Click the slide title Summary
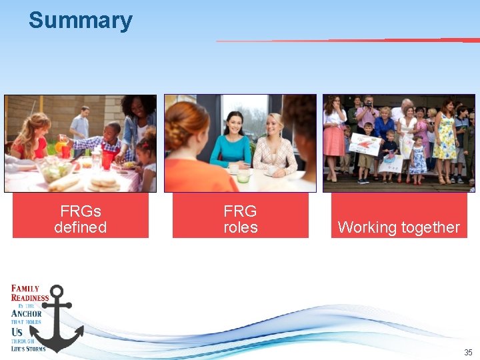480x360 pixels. (80, 21)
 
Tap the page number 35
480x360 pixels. (469, 352)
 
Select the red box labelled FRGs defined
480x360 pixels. (80, 215)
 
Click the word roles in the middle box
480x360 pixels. (240, 228)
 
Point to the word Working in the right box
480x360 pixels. (367, 227)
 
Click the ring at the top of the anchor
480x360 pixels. (57, 292)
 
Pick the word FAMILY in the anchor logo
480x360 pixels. (25, 289)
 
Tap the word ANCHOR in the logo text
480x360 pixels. (27, 313)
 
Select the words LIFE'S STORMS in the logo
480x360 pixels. (28, 348)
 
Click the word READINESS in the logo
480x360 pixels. (30, 298)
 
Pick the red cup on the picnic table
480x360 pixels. (107, 160)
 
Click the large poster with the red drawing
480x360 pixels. (365, 144)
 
